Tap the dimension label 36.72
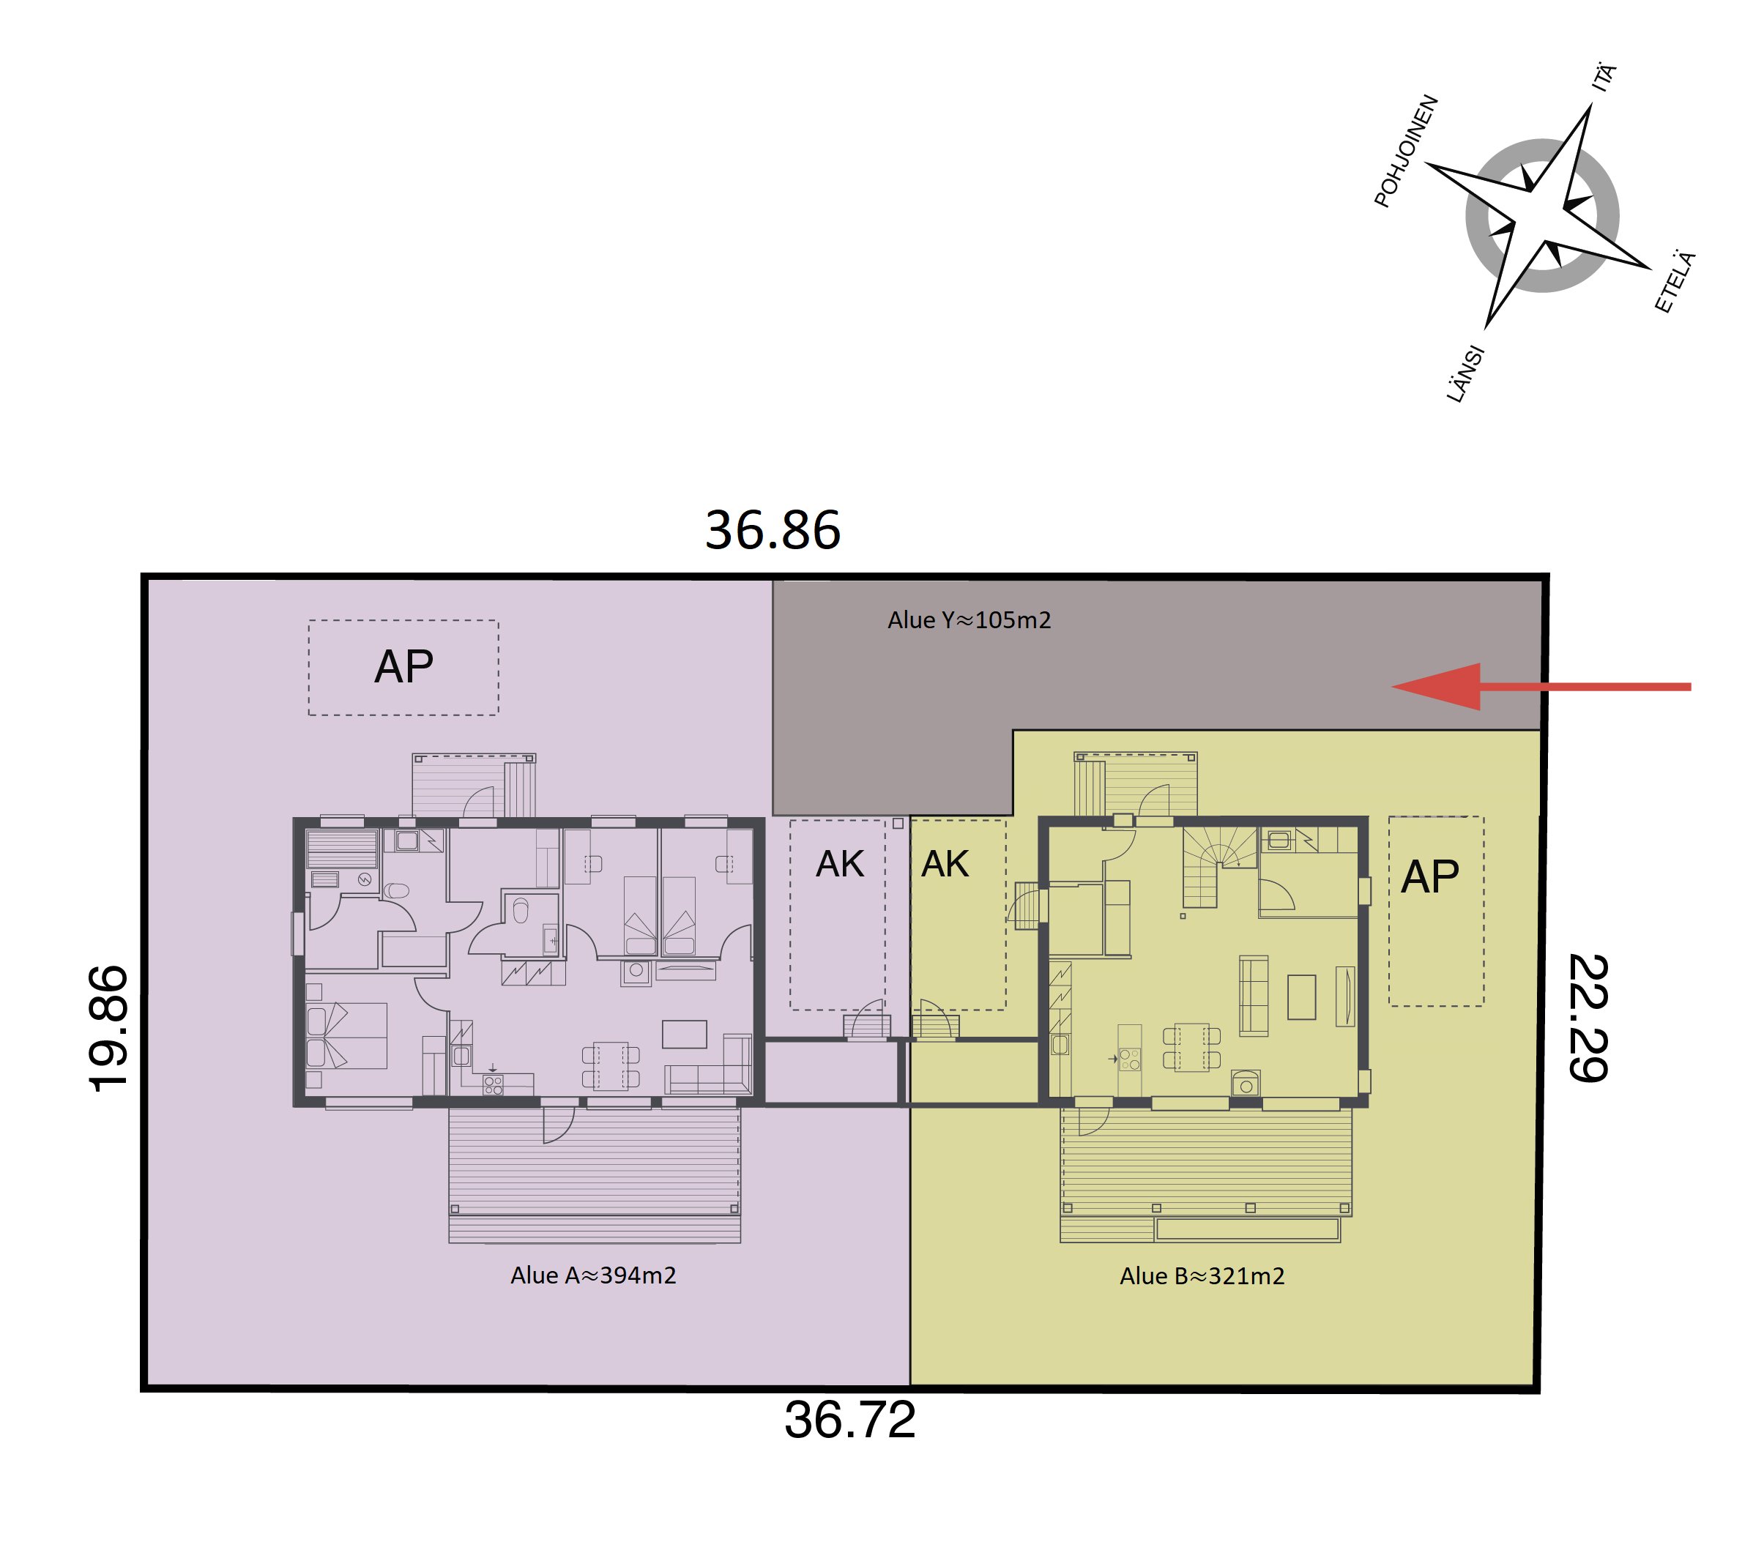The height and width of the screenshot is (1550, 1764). click(849, 1420)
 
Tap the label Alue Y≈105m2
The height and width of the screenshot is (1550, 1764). click(970, 619)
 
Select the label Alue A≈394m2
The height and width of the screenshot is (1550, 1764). click(593, 1275)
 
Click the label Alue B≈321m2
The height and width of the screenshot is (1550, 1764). click(1202, 1275)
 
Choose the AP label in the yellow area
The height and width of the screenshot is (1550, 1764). click(1429, 877)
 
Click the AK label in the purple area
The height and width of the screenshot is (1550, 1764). click(840, 864)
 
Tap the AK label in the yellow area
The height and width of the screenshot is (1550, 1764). click(945, 864)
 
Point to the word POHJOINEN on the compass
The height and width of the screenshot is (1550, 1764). click(1406, 151)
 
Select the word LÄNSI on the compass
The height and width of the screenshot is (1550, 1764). click(1465, 373)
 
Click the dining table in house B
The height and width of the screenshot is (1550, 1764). click(1191, 1047)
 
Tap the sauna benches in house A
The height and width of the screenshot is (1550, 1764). click(343, 849)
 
